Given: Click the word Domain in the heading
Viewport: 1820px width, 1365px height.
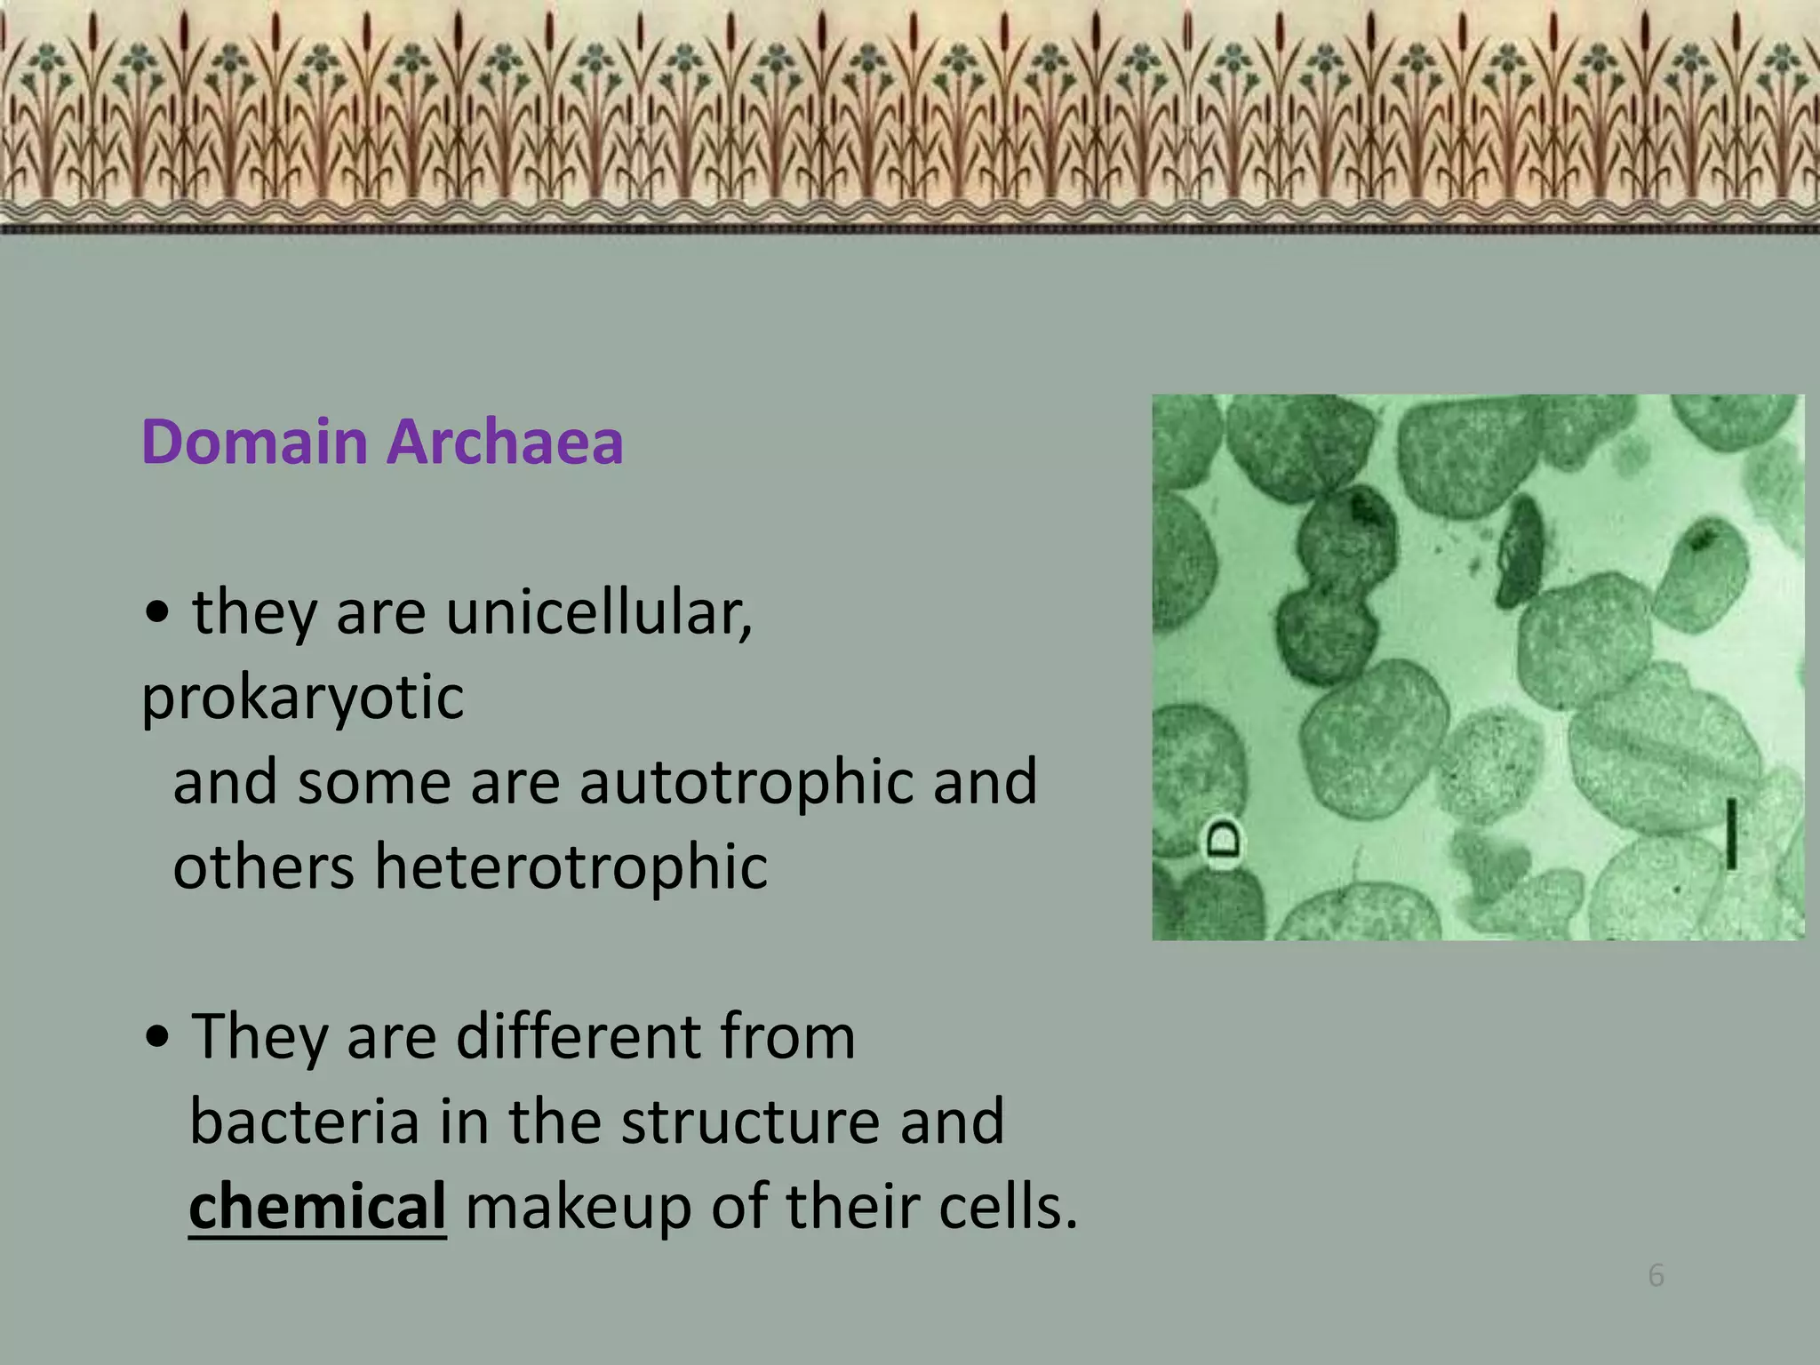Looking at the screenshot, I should point(254,442).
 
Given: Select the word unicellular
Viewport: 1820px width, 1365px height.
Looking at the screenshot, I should point(598,613).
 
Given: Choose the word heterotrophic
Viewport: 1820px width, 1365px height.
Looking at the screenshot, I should point(571,866).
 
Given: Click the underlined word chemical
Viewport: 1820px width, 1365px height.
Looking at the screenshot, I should point(317,1207).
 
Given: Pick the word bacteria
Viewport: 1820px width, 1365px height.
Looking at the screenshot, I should point(304,1122).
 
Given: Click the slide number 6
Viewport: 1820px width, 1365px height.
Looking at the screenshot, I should point(1656,1276).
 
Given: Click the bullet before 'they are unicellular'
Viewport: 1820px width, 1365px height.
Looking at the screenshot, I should point(158,613).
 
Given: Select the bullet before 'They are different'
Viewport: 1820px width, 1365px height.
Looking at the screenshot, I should point(158,1037).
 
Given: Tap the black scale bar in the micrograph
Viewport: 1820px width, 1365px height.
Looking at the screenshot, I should point(1731,833).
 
